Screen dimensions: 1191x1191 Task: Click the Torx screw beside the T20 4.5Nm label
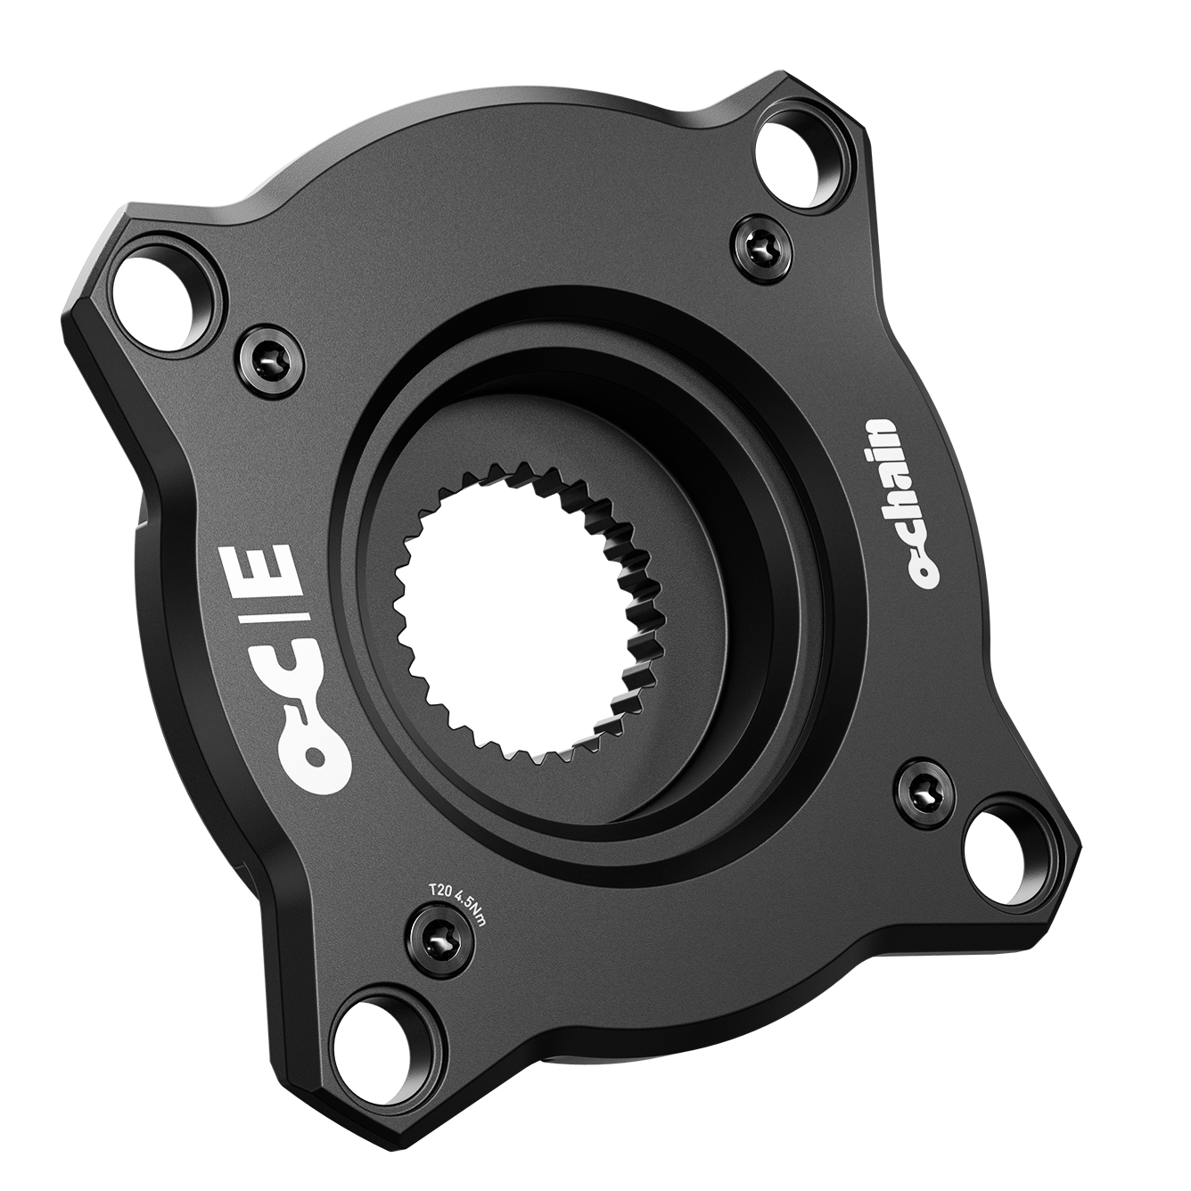click(443, 950)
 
